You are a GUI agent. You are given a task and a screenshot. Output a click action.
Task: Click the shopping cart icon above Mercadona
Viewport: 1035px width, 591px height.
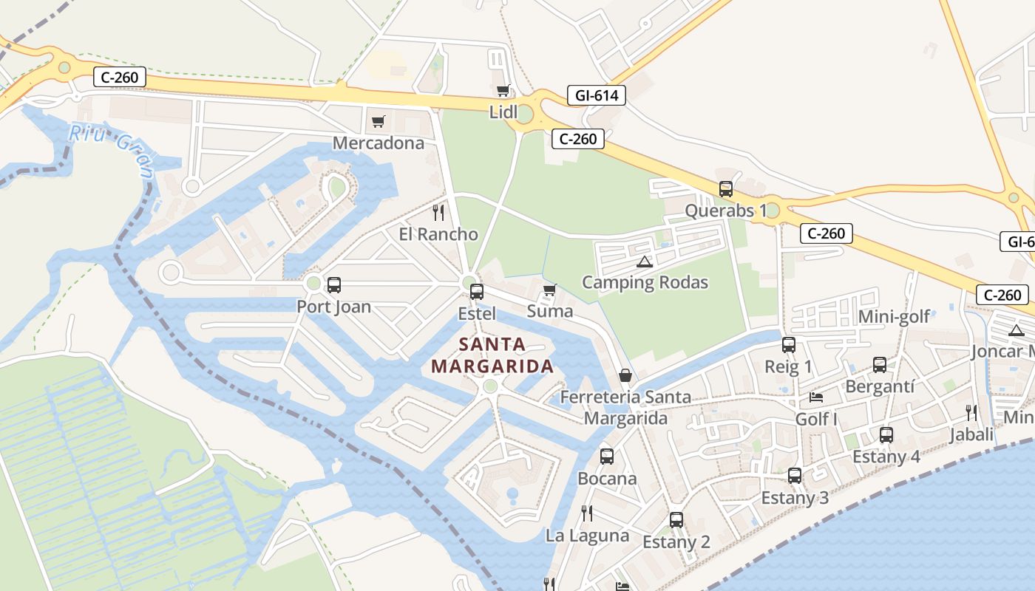[x=379, y=121]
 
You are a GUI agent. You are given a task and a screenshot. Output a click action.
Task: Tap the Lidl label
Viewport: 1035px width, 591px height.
[x=503, y=112]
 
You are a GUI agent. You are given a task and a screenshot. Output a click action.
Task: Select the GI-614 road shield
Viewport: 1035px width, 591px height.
[x=597, y=95]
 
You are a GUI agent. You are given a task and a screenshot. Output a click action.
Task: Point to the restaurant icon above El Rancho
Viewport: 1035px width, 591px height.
[x=438, y=213]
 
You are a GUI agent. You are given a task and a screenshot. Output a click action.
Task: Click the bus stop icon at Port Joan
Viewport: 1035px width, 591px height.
[x=334, y=284]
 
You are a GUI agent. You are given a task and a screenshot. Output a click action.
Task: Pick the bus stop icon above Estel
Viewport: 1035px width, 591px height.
[x=477, y=292]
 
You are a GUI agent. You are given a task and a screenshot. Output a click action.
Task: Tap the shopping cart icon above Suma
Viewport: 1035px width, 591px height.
[x=549, y=290]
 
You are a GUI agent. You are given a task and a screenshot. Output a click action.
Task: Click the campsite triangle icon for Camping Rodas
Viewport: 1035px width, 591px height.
[x=645, y=262]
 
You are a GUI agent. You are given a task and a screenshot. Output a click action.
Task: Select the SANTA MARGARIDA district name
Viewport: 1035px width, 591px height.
[x=492, y=355]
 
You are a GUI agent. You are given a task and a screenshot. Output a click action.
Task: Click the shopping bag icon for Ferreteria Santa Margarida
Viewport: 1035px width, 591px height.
[x=625, y=376]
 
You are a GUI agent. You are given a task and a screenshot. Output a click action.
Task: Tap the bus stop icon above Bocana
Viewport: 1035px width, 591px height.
[x=607, y=457]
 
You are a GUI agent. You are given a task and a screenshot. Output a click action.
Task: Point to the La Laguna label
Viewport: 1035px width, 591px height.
[x=588, y=536]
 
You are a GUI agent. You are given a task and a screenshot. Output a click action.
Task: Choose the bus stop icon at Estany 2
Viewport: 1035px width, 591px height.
[x=676, y=520]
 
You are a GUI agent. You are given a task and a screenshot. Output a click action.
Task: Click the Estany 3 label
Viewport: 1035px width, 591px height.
[x=795, y=498]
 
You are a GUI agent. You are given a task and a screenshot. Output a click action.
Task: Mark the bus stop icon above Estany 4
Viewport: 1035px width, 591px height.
[x=886, y=435]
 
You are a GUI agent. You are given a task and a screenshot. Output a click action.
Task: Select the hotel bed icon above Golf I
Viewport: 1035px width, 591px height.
[x=816, y=397]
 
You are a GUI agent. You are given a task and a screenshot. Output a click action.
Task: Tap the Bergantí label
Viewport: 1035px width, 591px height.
[x=880, y=386]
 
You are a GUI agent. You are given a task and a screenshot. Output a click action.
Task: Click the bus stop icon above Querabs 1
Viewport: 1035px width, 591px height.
[x=726, y=189]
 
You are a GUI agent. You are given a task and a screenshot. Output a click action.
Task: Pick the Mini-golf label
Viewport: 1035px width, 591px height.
[x=894, y=318]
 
